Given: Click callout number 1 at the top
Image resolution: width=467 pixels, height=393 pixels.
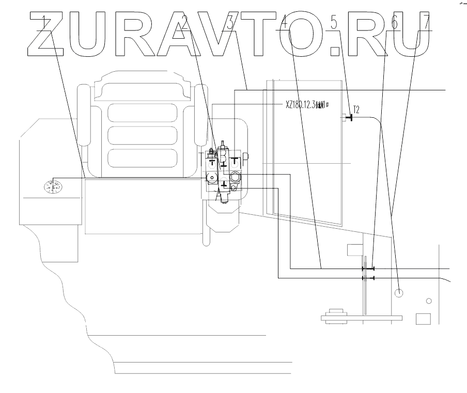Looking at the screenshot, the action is click(45, 22).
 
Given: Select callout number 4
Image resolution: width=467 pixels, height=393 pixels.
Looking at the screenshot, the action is click(284, 23).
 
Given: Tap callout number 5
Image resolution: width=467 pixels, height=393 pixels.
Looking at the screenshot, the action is click(334, 23).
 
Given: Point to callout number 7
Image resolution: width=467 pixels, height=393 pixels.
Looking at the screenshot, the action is click(426, 23).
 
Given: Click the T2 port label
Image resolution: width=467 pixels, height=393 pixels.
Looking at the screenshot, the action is click(356, 109).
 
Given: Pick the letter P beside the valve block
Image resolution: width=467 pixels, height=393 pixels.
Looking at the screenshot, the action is click(245, 156).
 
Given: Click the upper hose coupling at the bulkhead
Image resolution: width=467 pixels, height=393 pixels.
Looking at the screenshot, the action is click(368, 269).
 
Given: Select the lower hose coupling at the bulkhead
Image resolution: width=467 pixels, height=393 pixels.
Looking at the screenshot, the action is click(368, 278).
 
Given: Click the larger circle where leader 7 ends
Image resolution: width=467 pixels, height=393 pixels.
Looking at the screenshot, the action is click(399, 293).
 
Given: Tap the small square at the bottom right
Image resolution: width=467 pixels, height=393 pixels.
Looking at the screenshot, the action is click(423, 318).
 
